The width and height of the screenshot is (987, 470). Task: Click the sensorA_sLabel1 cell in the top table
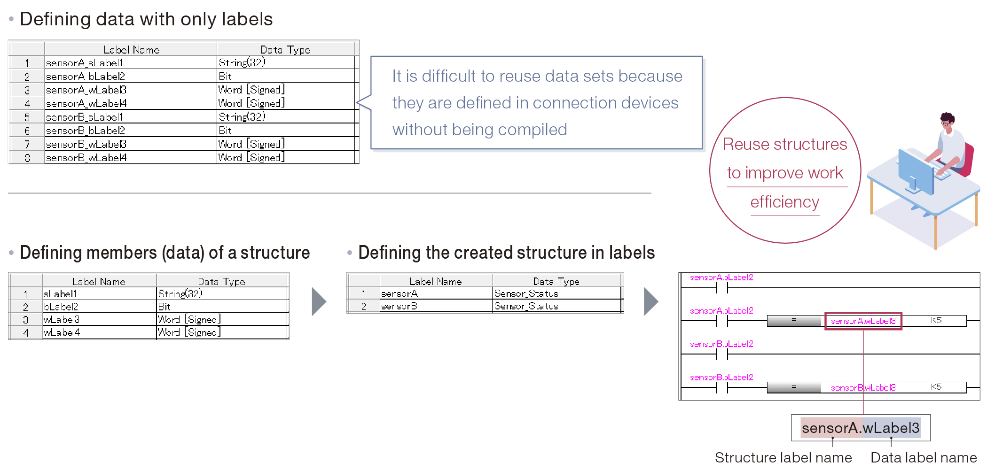point(85,63)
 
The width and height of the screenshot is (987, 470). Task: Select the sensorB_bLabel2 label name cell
point(86,131)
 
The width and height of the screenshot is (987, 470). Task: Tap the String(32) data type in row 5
point(242,117)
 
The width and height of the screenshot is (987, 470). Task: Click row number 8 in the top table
point(27,158)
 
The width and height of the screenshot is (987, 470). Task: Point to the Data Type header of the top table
point(285,50)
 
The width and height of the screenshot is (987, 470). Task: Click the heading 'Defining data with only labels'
point(146,20)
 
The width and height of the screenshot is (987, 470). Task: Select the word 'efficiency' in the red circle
point(784,202)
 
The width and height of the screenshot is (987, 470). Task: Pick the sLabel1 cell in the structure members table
point(60,294)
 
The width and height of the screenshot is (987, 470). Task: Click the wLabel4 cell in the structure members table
point(62,332)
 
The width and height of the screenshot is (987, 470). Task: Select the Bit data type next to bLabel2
point(164,307)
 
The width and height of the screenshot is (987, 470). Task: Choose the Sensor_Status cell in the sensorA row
point(526,293)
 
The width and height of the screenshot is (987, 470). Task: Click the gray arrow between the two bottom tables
point(319,301)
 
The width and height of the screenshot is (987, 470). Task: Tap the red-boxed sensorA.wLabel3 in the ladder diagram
point(863,321)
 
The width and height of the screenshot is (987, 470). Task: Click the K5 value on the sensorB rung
point(936,387)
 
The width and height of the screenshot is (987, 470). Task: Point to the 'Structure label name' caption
point(783,457)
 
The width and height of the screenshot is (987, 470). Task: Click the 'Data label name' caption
point(924,457)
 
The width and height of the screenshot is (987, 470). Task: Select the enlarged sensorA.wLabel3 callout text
point(860,428)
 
